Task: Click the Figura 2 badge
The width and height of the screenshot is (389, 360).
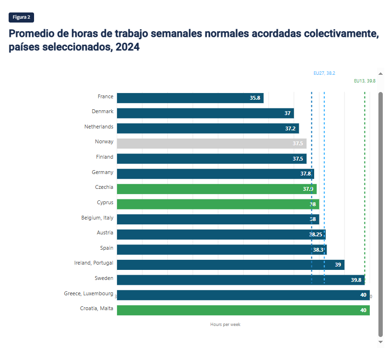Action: tap(21, 17)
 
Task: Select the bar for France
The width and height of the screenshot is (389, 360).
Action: tap(189, 98)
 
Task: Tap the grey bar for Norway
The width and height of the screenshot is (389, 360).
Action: tap(211, 143)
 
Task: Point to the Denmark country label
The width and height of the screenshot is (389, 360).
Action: tap(103, 112)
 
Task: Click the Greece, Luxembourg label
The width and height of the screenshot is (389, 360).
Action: tap(89, 293)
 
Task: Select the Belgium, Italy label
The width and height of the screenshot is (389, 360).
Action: tap(97, 218)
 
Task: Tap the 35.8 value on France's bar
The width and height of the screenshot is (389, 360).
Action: tap(255, 98)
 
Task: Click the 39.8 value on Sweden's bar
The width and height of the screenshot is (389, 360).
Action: tap(356, 280)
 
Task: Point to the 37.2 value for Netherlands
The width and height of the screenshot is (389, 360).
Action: tap(290, 128)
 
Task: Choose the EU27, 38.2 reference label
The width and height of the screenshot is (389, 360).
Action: tap(324, 73)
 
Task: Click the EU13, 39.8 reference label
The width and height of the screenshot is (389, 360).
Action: tap(365, 81)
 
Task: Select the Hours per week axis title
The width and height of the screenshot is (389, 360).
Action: tap(225, 325)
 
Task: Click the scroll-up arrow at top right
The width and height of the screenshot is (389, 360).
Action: tap(381, 74)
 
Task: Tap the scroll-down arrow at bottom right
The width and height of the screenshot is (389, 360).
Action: tap(381, 342)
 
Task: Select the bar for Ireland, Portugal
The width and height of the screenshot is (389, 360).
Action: tap(230, 265)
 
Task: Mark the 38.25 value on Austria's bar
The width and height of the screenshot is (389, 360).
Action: tap(316, 234)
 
